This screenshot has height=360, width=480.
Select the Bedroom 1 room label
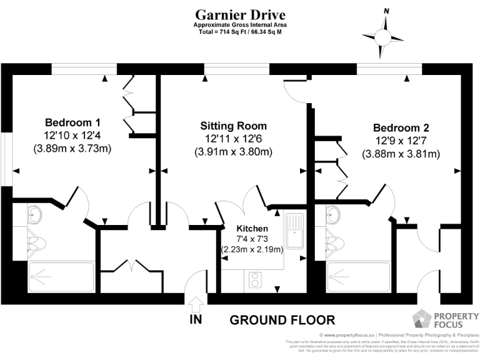tap(72, 122)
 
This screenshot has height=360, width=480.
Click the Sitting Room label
tap(233, 125)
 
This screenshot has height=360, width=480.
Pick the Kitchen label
tap(252, 229)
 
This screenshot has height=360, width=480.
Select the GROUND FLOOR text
tap(282, 320)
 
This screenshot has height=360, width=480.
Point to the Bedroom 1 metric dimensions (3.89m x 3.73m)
tap(72, 149)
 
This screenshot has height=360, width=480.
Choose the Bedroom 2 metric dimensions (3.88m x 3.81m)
tap(401, 154)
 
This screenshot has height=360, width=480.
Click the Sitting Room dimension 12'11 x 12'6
tap(234, 138)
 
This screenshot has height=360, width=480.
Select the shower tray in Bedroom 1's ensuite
tap(61, 277)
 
